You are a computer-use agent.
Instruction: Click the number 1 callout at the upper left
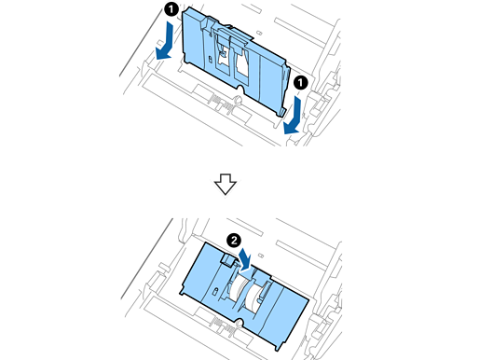(x=171, y=9)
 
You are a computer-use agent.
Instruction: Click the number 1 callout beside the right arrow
(x=301, y=83)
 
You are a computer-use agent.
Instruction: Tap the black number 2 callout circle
(x=234, y=241)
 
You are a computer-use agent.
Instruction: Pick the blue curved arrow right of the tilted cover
(x=293, y=116)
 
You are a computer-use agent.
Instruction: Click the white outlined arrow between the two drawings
(x=226, y=185)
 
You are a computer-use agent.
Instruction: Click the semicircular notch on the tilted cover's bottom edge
(x=240, y=89)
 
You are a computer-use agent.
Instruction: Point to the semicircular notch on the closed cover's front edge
(x=239, y=324)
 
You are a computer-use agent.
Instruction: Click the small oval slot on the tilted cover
(x=210, y=59)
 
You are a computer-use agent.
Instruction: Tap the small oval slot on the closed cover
(x=215, y=291)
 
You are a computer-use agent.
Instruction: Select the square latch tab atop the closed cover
(x=226, y=259)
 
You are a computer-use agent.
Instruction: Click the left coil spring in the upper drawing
(x=213, y=100)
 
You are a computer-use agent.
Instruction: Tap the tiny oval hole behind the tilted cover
(x=260, y=33)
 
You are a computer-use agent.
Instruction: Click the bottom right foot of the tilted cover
(x=282, y=112)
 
